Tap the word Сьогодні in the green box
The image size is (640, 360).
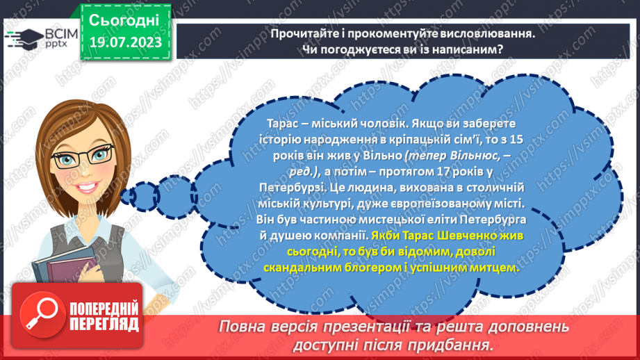click(x=124, y=19)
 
